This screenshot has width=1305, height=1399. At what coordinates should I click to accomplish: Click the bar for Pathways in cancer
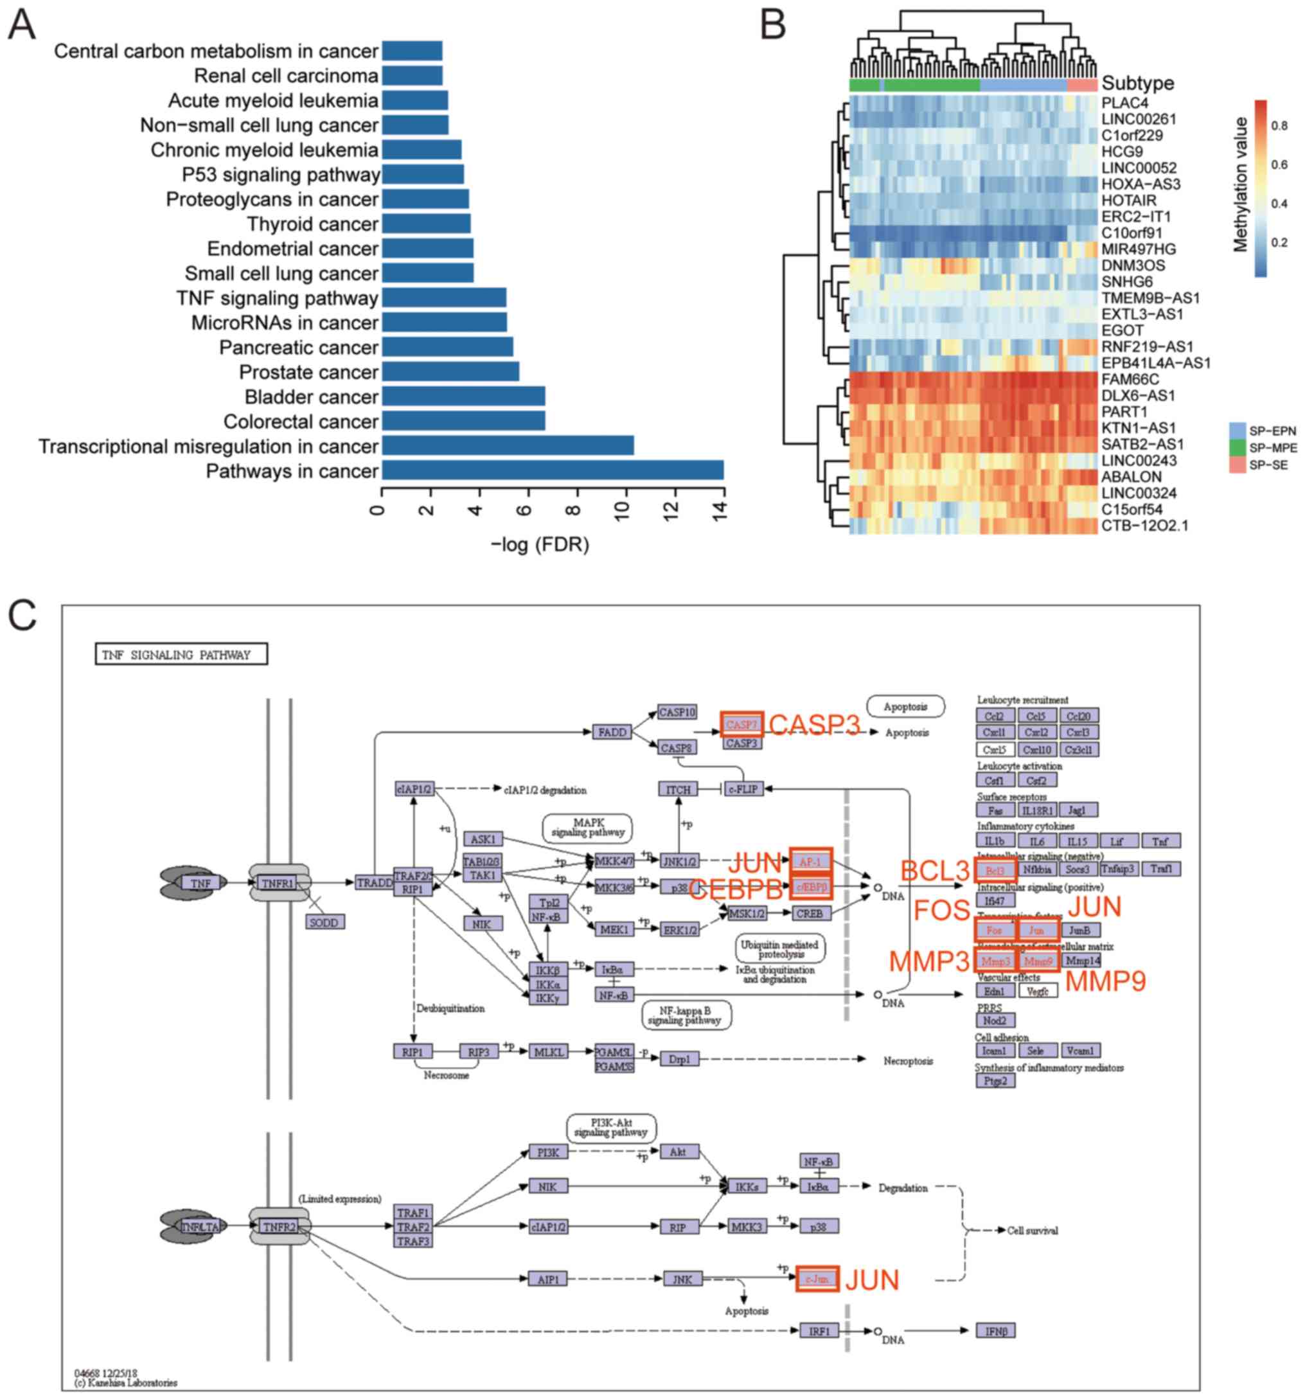[x=552, y=470]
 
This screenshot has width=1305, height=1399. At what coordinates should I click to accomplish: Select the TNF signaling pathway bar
[x=444, y=298]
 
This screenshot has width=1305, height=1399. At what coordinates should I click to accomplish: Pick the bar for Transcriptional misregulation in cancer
[x=507, y=445]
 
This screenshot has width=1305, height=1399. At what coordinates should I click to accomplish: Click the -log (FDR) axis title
[x=540, y=545]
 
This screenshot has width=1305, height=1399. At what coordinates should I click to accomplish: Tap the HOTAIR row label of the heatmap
[x=1128, y=200]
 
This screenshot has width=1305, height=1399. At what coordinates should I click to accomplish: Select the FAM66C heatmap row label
[x=1130, y=379]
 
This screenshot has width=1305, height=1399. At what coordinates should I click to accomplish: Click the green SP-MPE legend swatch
[x=1237, y=447]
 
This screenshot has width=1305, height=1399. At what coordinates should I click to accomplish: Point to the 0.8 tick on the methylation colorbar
[x=1279, y=126]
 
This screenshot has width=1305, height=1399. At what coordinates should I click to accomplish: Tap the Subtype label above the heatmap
[x=1137, y=84]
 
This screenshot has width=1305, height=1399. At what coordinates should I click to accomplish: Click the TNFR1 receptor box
[x=277, y=882]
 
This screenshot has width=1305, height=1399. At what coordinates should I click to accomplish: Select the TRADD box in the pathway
[x=374, y=882]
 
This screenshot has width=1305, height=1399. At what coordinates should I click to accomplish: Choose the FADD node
[x=611, y=732]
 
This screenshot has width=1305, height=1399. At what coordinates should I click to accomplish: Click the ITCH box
[x=677, y=789]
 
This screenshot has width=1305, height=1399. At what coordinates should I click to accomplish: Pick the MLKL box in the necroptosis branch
[x=548, y=1052]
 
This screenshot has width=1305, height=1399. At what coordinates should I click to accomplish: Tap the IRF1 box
[x=819, y=1331]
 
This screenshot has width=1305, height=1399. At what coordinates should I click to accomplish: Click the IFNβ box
[x=995, y=1331]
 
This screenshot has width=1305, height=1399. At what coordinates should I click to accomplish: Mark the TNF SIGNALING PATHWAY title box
[x=181, y=654]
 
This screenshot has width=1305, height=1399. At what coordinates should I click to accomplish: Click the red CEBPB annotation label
[x=736, y=889]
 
